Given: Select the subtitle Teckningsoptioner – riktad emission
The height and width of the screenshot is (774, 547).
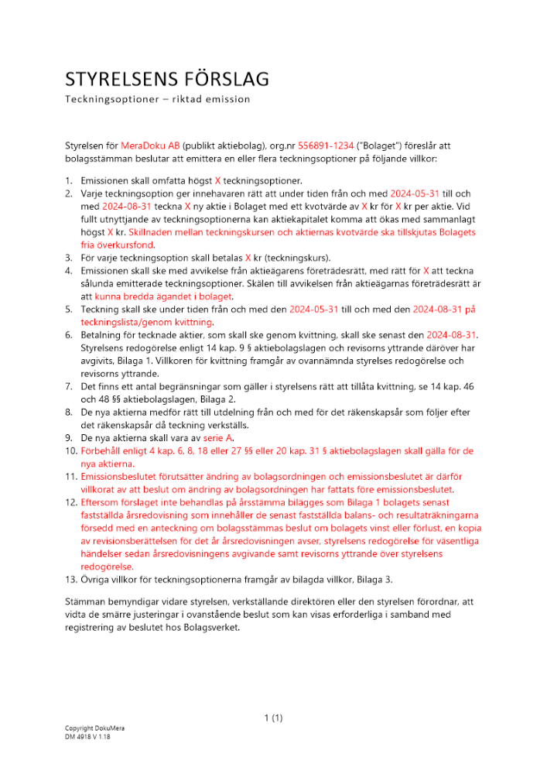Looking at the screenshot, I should click(x=157, y=99).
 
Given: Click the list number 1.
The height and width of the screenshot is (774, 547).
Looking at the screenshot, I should click(x=68, y=180).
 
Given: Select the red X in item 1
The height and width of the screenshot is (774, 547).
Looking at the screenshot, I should click(x=217, y=180).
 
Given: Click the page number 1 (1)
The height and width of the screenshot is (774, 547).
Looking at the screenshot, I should click(x=273, y=718).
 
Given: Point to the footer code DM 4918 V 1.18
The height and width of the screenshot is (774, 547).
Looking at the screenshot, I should click(x=90, y=738).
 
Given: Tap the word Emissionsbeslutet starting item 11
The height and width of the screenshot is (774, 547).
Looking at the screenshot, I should click(x=121, y=477).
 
